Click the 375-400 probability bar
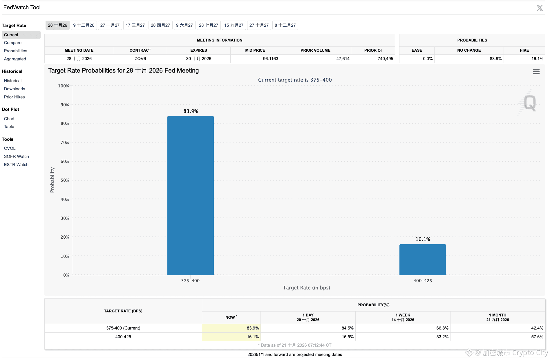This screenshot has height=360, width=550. [x=191, y=195]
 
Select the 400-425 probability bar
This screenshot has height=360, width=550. [x=423, y=259]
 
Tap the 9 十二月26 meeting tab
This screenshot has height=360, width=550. [x=84, y=25]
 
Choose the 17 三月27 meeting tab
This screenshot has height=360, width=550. [x=135, y=25]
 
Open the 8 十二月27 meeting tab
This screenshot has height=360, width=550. [x=285, y=25]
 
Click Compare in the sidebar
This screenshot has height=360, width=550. [x=13, y=43]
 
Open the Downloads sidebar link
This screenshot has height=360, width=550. [x=15, y=89]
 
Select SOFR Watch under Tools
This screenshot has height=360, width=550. [x=17, y=156]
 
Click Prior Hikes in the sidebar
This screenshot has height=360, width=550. [x=15, y=97]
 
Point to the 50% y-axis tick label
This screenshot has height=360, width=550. [x=65, y=180]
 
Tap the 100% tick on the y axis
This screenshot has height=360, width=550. [x=64, y=86]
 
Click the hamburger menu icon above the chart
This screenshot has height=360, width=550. [x=536, y=72]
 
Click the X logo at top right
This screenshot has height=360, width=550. [x=540, y=8]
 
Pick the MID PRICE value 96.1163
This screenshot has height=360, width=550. [x=270, y=59]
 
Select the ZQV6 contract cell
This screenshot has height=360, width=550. [x=140, y=59]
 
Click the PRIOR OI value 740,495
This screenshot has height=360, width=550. [x=385, y=59]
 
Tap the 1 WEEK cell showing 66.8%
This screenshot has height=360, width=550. [x=442, y=328]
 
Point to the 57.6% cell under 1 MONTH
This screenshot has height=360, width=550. [x=537, y=337]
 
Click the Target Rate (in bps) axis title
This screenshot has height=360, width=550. [x=307, y=288]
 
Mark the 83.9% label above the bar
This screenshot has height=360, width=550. [x=191, y=111]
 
